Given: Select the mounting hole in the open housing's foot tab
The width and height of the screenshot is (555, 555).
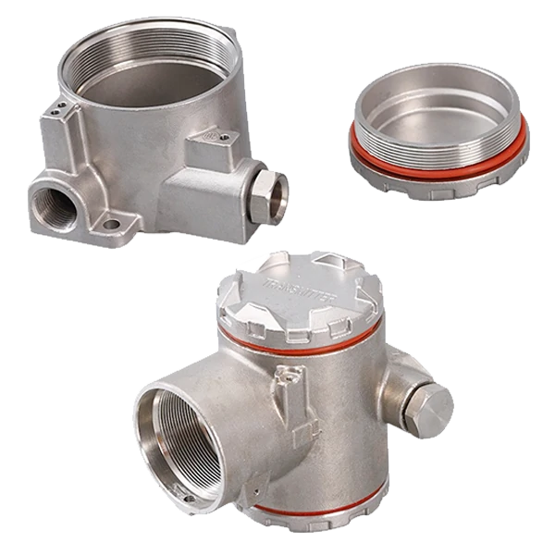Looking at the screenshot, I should click(111, 224).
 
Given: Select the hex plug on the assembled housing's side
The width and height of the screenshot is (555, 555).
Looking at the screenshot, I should click(427, 407).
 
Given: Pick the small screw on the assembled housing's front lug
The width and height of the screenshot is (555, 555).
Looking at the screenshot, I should click(293, 376).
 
